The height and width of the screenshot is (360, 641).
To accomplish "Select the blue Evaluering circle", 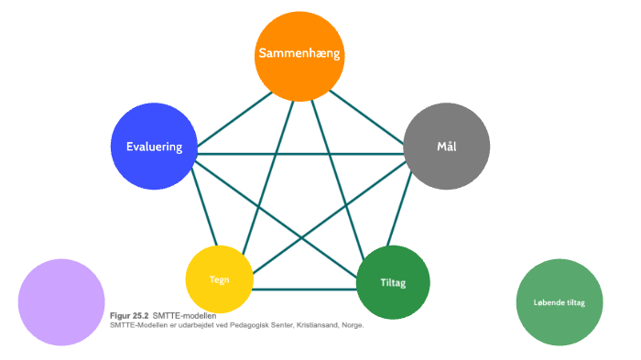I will click(153, 147).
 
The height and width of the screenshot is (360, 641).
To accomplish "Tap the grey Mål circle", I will click(447, 146).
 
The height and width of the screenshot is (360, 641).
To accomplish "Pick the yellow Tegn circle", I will click(219, 279).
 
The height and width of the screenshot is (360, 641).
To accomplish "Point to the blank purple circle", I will click(61, 302).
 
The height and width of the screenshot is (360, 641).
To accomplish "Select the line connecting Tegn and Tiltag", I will click(304, 290).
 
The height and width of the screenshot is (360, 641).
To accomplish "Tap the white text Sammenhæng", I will click(299, 54).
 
